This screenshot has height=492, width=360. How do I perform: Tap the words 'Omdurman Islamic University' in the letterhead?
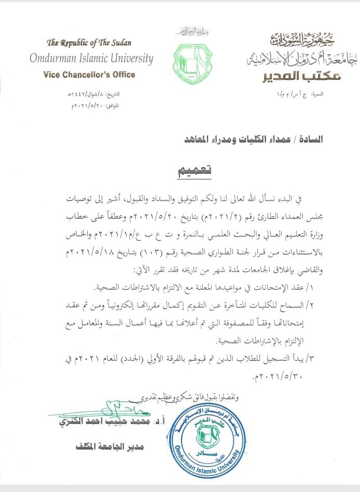click(x=91, y=58)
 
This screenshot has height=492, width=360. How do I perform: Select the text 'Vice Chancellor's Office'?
click(x=89, y=75)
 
